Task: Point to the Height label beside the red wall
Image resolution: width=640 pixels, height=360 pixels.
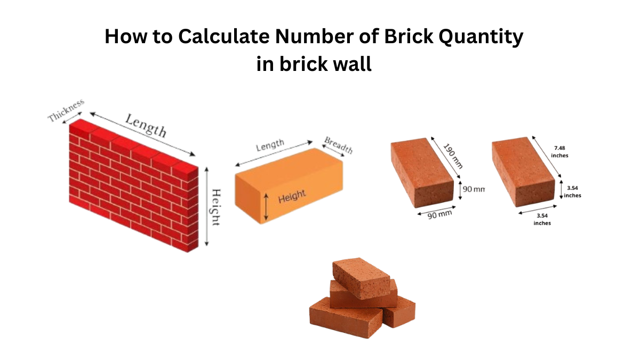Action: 215,207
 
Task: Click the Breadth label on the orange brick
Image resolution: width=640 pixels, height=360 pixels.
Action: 339,146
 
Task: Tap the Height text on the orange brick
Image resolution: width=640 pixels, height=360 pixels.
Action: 292,197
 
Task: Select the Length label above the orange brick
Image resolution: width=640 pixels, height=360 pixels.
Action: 270,146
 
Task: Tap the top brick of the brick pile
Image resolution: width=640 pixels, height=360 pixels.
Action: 362,277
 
